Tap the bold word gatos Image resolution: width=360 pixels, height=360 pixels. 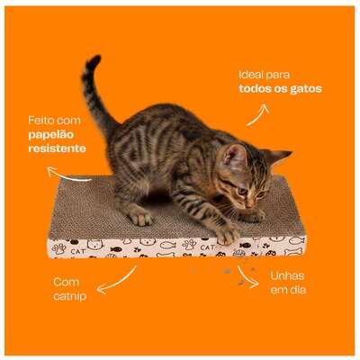click(x=306, y=89)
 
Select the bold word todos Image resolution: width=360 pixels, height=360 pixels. click(x=254, y=89)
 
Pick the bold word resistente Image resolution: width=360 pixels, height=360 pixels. click(x=57, y=148)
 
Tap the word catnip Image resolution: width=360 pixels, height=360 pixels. click(x=70, y=296)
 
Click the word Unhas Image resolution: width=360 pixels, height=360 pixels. click(x=287, y=276)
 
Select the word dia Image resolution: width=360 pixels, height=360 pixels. click(x=298, y=290)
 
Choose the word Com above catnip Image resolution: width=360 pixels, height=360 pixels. click(x=67, y=283)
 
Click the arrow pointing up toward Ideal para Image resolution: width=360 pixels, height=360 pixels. click(x=257, y=116)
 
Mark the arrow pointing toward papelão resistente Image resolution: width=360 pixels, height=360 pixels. click(x=68, y=175)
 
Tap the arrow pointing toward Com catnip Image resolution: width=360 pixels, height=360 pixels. click(x=116, y=282)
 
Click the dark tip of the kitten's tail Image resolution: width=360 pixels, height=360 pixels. click(x=94, y=61)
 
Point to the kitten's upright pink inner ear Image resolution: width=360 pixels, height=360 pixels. click(x=236, y=156)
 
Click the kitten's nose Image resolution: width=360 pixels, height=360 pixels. click(x=249, y=205)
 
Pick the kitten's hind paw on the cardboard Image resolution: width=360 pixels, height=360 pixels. click(x=139, y=217)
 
